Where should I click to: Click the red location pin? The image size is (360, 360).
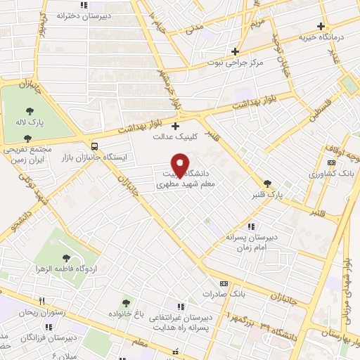180,165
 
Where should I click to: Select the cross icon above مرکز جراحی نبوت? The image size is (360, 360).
236,51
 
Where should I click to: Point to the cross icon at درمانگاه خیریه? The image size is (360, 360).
320,26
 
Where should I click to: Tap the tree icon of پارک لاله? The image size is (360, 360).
29,110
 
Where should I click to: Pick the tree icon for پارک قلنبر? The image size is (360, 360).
266,184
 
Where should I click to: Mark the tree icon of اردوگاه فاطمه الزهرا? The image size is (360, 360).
67,258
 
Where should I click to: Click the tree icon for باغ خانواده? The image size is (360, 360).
127,303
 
